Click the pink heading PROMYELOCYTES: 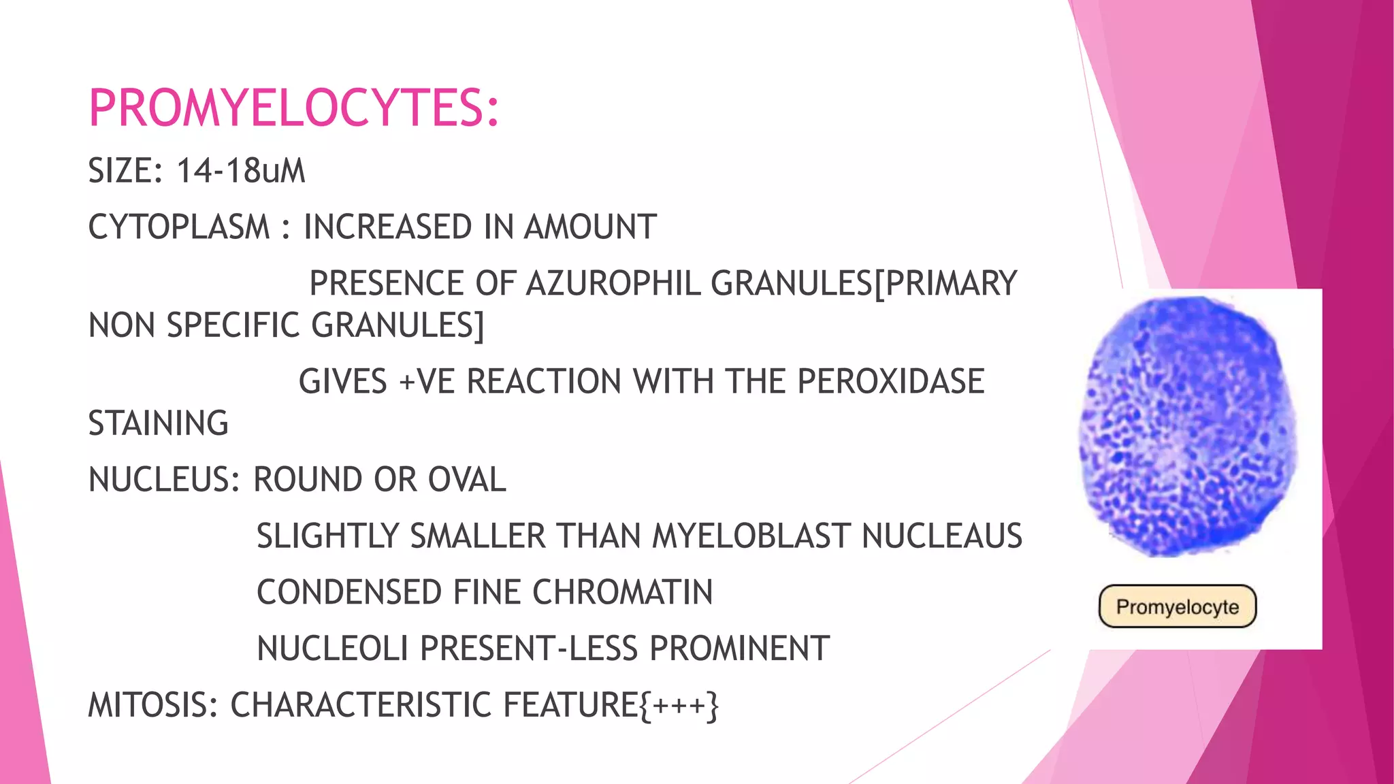pos(294,108)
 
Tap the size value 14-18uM pos(241,170)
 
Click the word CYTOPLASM pos(179,227)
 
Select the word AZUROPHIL pos(613,283)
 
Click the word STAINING pos(158,423)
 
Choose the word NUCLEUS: pos(164,480)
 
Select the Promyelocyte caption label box pos(1177,606)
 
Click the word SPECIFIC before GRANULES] pos(233,325)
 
